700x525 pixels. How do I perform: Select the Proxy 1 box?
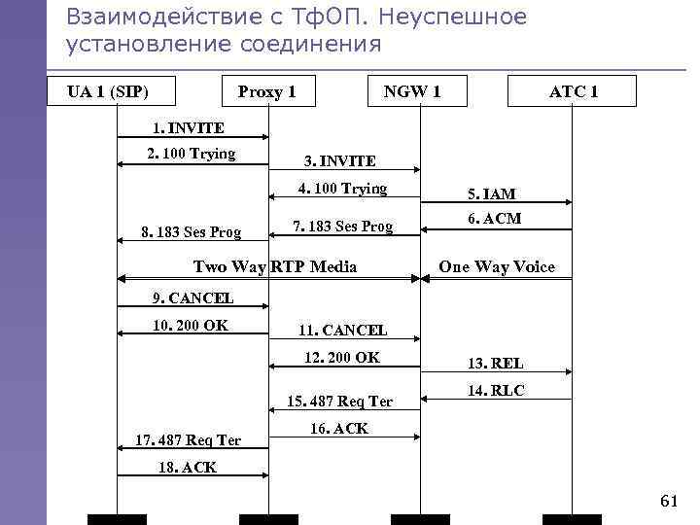click(267, 91)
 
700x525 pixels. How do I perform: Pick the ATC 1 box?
click(574, 91)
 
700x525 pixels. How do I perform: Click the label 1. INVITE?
click(189, 127)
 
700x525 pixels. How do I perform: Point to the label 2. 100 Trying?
click(191, 153)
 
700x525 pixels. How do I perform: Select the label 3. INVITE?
click(339, 160)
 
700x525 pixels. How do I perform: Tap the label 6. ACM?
click(494, 219)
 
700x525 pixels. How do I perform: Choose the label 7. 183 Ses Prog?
click(343, 227)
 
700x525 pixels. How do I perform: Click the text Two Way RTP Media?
click(275, 266)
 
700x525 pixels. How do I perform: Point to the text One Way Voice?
click(497, 266)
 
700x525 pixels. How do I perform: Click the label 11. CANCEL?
click(343, 331)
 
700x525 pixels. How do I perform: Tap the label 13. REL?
click(495, 363)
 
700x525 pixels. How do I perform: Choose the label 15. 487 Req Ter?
click(340, 401)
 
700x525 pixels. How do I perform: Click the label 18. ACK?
click(187, 467)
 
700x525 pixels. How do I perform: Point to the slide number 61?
click(668, 501)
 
